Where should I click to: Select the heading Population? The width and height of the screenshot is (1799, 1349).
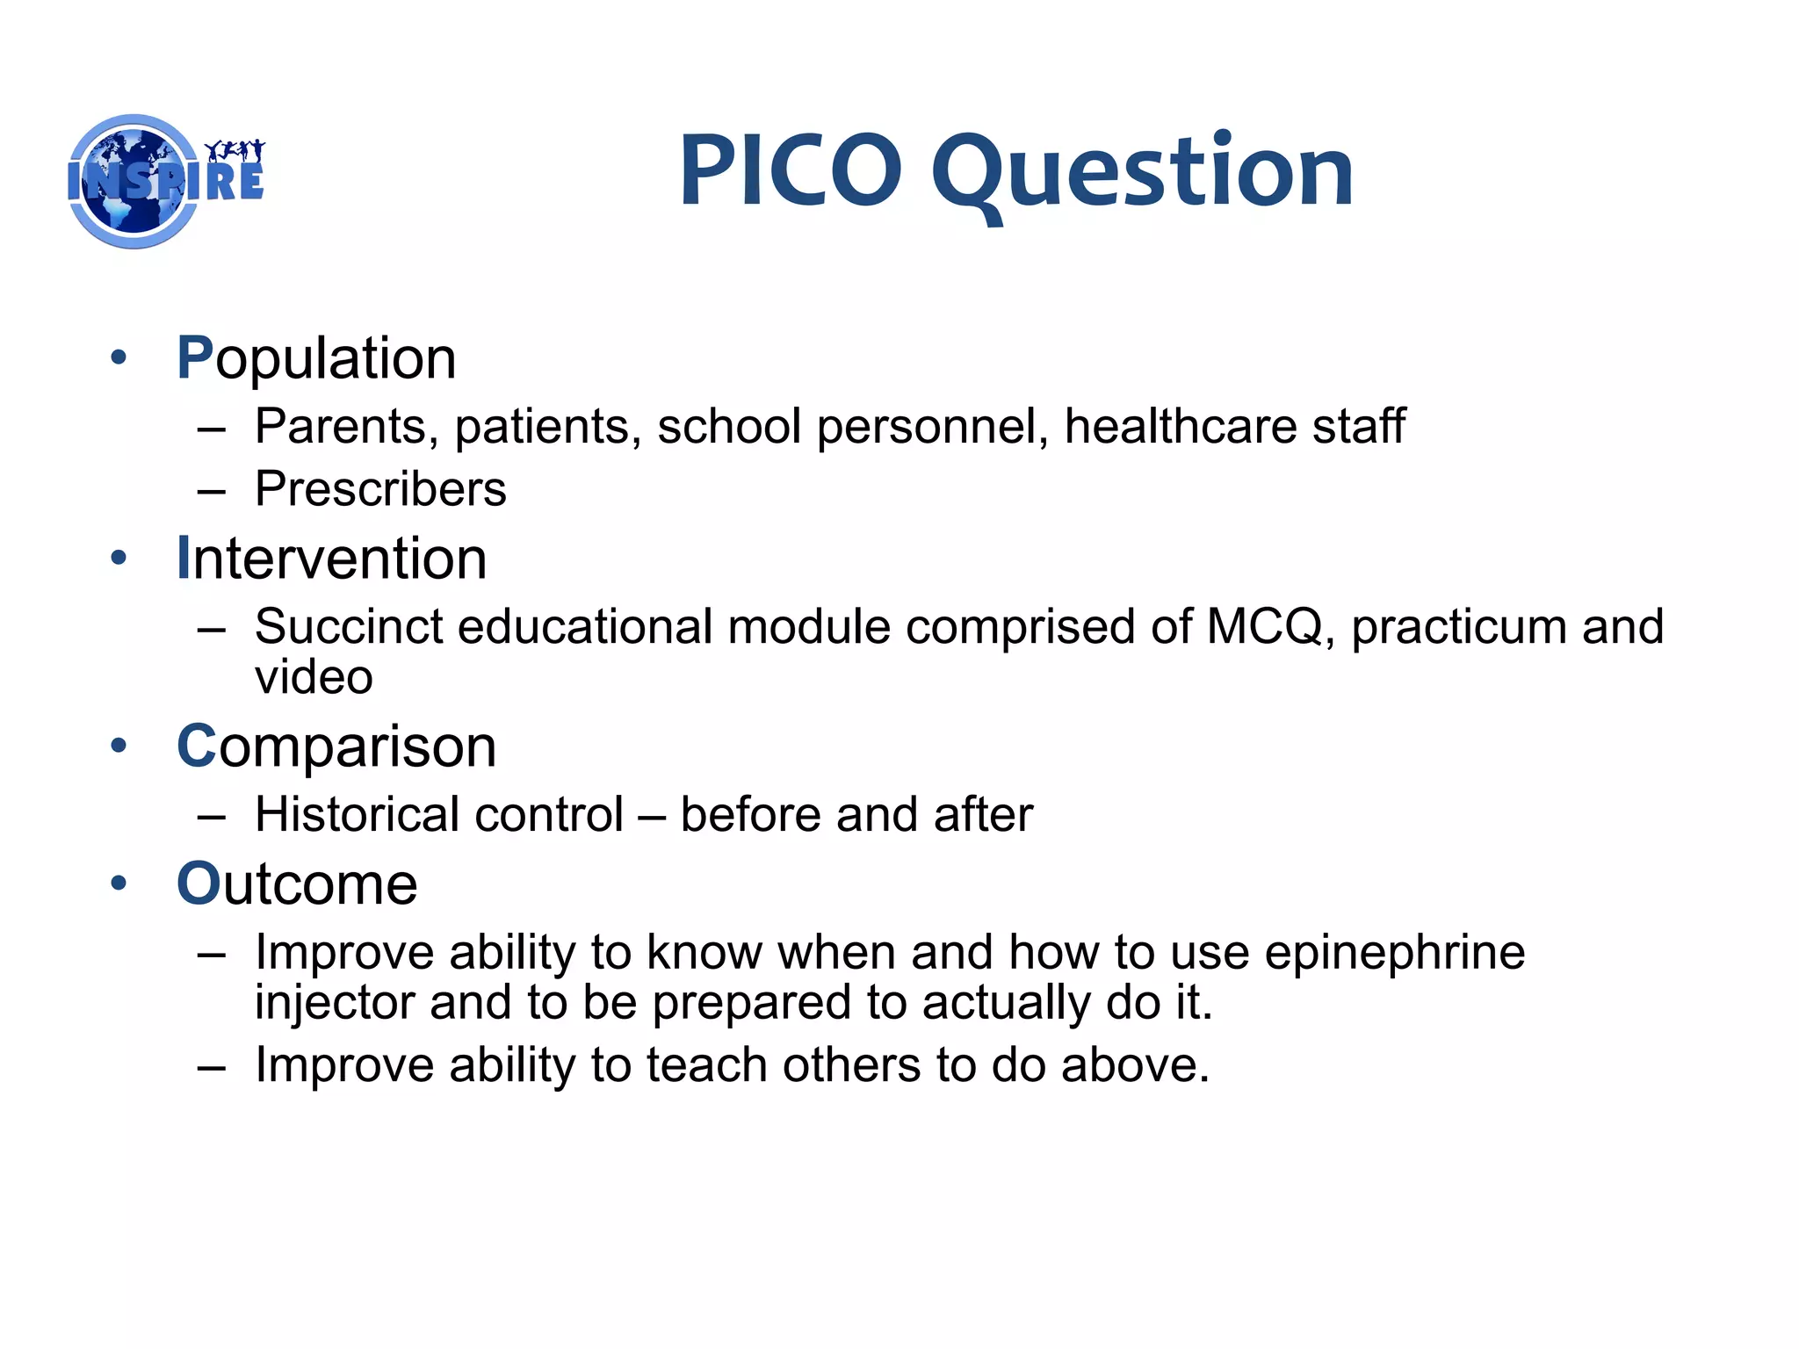(316, 358)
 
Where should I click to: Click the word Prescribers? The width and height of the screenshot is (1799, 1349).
(380, 489)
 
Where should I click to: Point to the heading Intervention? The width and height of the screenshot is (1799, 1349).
(331, 559)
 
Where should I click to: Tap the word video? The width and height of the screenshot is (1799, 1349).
(314, 678)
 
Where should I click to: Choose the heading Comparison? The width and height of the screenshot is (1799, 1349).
(336, 747)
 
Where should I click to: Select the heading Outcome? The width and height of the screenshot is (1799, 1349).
(297, 884)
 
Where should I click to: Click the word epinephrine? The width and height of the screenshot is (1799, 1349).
(1394, 953)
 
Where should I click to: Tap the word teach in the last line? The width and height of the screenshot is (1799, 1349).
(706, 1065)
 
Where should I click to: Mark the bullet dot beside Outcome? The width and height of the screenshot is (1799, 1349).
(119, 883)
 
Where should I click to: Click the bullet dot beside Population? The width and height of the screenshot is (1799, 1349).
(119, 357)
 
